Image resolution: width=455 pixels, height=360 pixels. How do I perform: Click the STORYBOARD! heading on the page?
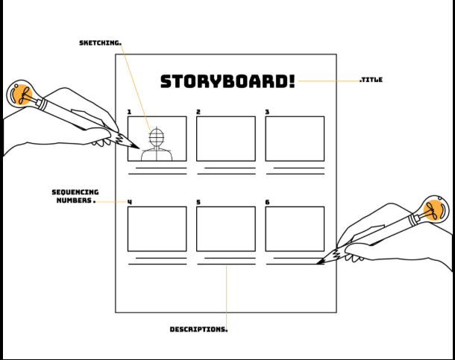click(x=228, y=80)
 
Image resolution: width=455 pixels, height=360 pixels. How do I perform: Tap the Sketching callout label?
click(x=100, y=43)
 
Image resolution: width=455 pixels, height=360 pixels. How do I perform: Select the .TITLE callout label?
click(x=371, y=80)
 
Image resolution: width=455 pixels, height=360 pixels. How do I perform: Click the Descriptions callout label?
click(x=198, y=329)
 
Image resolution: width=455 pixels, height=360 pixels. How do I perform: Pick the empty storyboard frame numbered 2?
click(x=226, y=139)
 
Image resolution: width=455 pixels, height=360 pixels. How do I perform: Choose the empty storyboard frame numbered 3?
click(x=295, y=139)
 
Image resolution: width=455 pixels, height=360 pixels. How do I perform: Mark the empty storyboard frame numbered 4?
click(x=157, y=229)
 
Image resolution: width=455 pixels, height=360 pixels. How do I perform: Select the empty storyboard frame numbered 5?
click(x=226, y=229)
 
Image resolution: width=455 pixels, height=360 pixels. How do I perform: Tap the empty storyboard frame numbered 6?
click(x=295, y=229)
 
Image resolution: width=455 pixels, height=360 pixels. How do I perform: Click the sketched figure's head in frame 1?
click(x=157, y=137)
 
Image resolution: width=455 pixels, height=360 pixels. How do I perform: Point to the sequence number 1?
click(x=129, y=113)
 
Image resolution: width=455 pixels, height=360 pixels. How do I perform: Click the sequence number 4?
click(x=130, y=202)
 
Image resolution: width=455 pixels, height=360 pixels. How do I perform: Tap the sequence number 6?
click(x=268, y=202)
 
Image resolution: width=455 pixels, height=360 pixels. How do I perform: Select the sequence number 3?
click(x=268, y=113)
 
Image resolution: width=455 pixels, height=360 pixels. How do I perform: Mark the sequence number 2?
click(x=198, y=113)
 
